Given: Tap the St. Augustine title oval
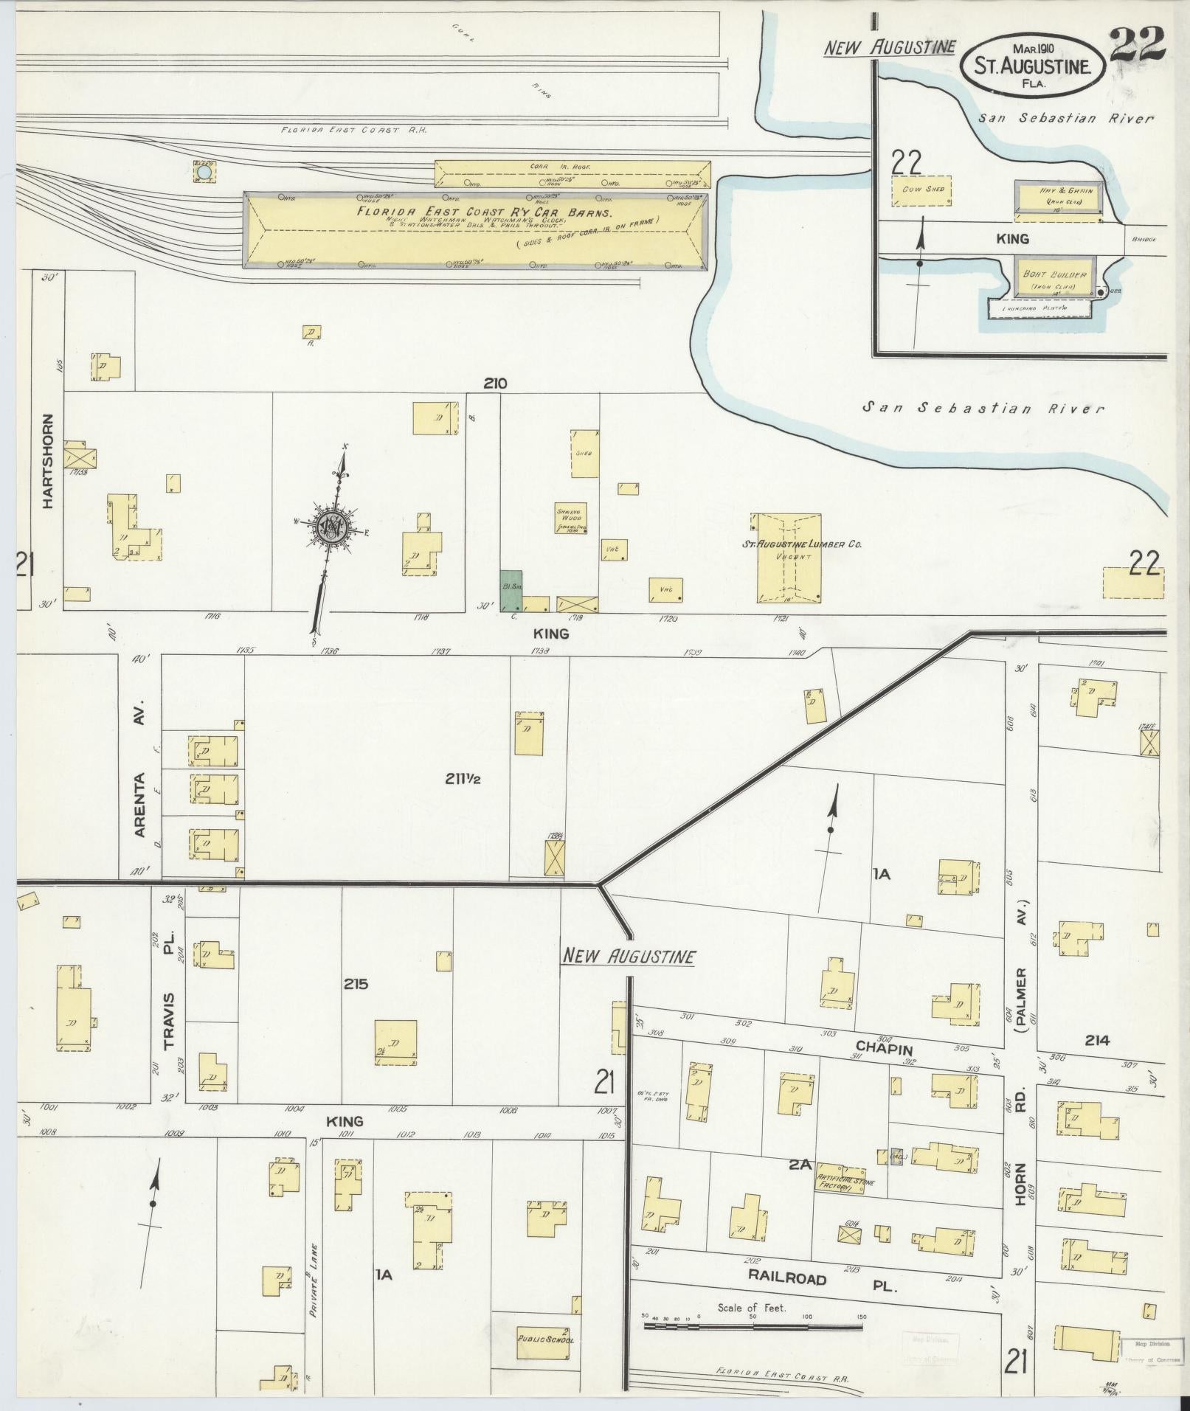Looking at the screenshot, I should click(1032, 66).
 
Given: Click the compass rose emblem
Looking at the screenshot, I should click(333, 526).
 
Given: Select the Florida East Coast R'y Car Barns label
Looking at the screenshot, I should click(474, 211).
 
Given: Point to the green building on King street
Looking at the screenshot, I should click(511, 590).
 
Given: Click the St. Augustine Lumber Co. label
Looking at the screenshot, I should click(802, 545).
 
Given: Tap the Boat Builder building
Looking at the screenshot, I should click(1054, 277).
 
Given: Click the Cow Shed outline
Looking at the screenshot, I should click(923, 190).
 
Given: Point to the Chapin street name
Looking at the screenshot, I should click(884, 1050).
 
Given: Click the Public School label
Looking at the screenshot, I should click(545, 1339).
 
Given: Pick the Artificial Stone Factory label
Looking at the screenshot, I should click(844, 1185).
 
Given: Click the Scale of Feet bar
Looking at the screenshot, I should click(753, 1326).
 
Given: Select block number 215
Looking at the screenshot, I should click(355, 984).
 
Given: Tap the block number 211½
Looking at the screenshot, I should click(463, 777).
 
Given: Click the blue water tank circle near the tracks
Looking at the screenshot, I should click(204, 173).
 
